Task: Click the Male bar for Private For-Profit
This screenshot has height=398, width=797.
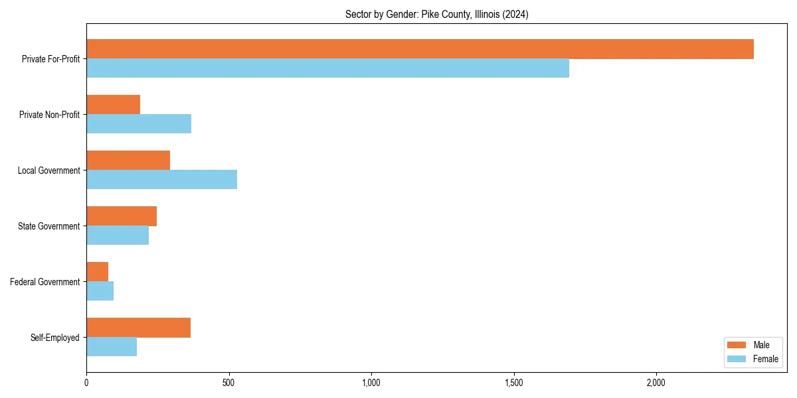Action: click(x=420, y=49)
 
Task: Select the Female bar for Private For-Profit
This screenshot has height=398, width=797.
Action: click(x=327, y=68)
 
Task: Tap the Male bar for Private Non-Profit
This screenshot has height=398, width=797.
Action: click(x=113, y=105)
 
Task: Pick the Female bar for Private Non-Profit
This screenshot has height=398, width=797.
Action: click(x=139, y=124)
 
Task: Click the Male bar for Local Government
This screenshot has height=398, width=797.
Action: click(x=128, y=161)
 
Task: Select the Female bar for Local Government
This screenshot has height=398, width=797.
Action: click(x=161, y=180)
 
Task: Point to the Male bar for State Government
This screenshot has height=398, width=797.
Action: click(x=122, y=216)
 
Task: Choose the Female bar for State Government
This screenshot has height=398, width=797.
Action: click(x=118, y=235)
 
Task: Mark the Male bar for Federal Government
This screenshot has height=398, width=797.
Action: click(x=97, y=272)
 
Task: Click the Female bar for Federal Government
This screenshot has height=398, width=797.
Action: click(x=100, y=291)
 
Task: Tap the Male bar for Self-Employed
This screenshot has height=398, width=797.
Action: click(x=138, y=328)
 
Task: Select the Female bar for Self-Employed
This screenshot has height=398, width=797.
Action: click(x=112, y=347)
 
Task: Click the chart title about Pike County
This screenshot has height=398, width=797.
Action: click(x=436, y=15)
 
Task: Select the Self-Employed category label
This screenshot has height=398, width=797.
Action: click(x=55, y=338)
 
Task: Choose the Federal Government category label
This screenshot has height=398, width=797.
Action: click(x=45, y=282)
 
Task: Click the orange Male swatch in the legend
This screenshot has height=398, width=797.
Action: click(x=737, y=345)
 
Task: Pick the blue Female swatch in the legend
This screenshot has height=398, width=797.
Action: click(x=737, y=359)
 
